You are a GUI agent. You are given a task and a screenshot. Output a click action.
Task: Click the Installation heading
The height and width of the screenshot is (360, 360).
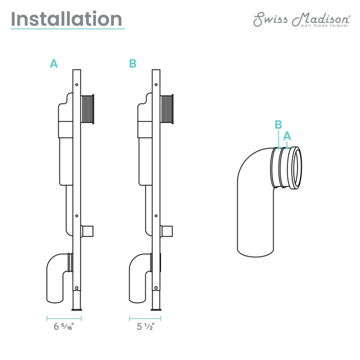(x=67, y=19)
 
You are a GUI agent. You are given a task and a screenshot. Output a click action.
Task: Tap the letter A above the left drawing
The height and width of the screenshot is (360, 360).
(x=53, y=64)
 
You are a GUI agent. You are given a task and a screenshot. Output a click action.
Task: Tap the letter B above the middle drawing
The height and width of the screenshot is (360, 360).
(x=133, y=64)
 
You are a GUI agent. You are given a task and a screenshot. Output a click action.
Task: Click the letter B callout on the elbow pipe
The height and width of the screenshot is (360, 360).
(x=278, y=125)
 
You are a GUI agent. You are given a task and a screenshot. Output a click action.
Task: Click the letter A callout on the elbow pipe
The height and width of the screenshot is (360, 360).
(x=287, y=136)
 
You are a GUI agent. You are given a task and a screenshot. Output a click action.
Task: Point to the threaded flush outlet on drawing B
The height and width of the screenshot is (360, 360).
(x=168, y=110)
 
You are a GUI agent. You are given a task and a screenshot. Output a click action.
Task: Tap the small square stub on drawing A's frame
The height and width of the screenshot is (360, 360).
(x=87, y=231)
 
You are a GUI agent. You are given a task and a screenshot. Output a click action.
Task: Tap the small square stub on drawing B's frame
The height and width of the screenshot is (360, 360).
(x=167, y=231)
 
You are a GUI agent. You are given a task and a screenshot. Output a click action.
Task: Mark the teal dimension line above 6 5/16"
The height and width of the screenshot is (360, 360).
(x=64, y=317)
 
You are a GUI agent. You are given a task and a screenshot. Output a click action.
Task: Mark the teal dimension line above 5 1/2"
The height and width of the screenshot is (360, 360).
(x=145, y=317)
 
